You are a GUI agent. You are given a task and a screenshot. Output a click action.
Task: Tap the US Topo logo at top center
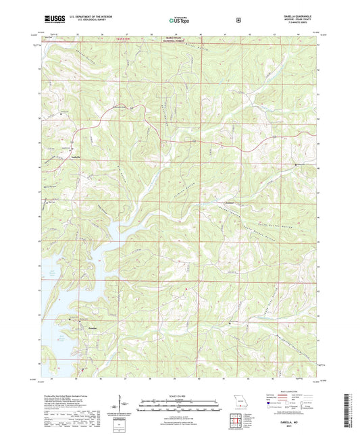pos(179,20)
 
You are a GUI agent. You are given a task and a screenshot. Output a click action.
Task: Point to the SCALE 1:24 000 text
pos(179,396)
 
